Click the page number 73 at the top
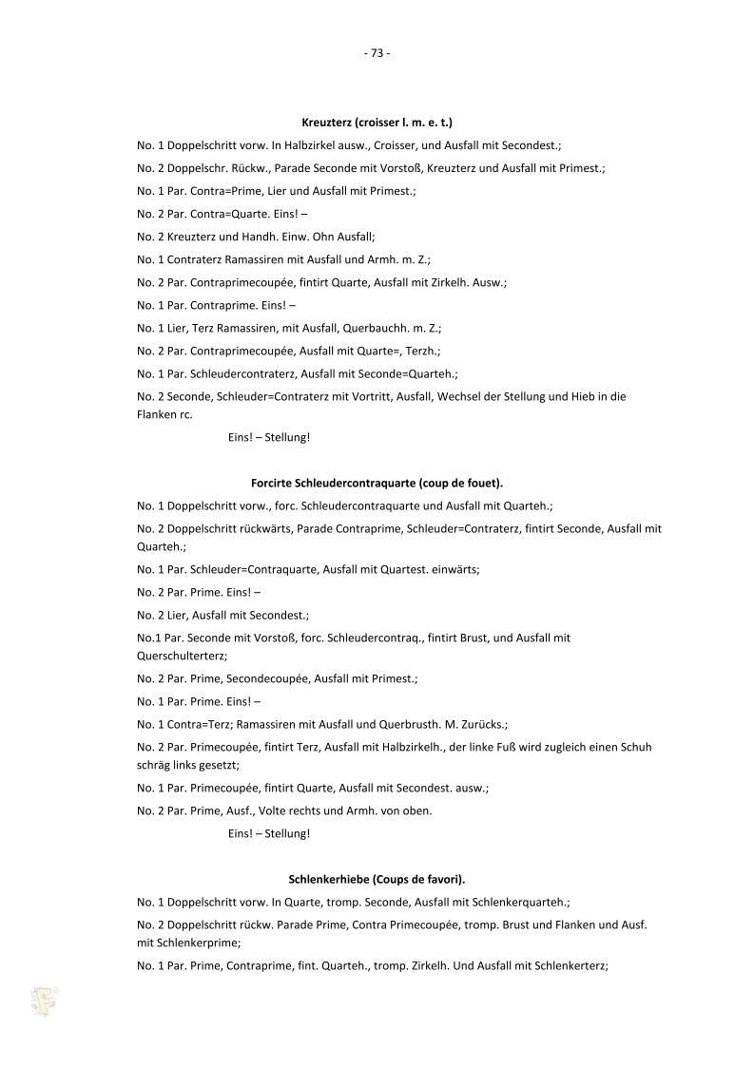(377, 53)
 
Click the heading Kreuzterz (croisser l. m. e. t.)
(377, 123)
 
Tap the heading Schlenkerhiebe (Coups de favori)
(377, 879)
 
